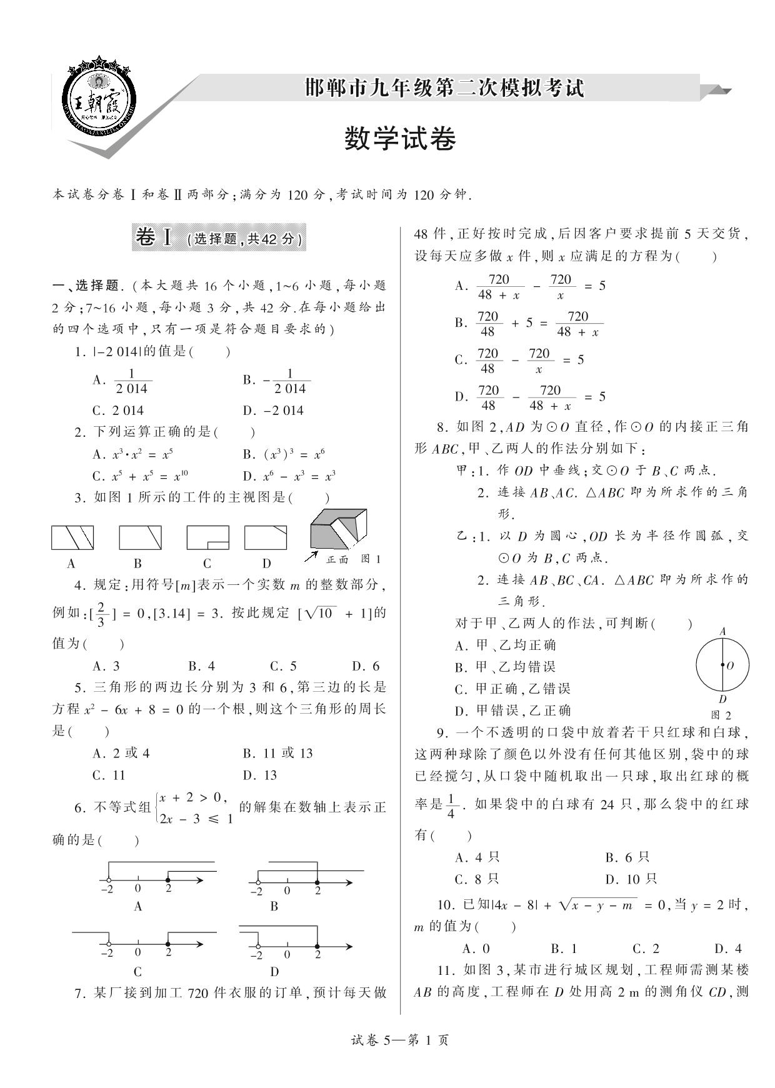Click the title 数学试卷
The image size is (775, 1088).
click(x=400, y=139)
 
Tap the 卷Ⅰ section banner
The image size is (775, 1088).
click(x=219, y=238)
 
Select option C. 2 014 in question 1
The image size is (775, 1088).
click(x=118, y=411)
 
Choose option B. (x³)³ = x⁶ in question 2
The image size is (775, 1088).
click(x=284, y=454)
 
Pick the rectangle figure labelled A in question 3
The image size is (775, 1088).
click(x=72, y=537)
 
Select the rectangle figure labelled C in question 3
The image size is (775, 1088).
click(x=207, y=537)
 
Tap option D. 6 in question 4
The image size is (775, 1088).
click(x=366, y=666)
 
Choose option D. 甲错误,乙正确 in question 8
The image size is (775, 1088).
click(x=513, y=711)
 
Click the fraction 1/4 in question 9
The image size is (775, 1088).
click(x=452, y=806)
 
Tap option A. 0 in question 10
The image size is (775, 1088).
click(x=476, y=949)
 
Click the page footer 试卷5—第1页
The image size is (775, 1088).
click(x=400, y=1041)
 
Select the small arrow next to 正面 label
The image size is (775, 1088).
click(x=311, y=556)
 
